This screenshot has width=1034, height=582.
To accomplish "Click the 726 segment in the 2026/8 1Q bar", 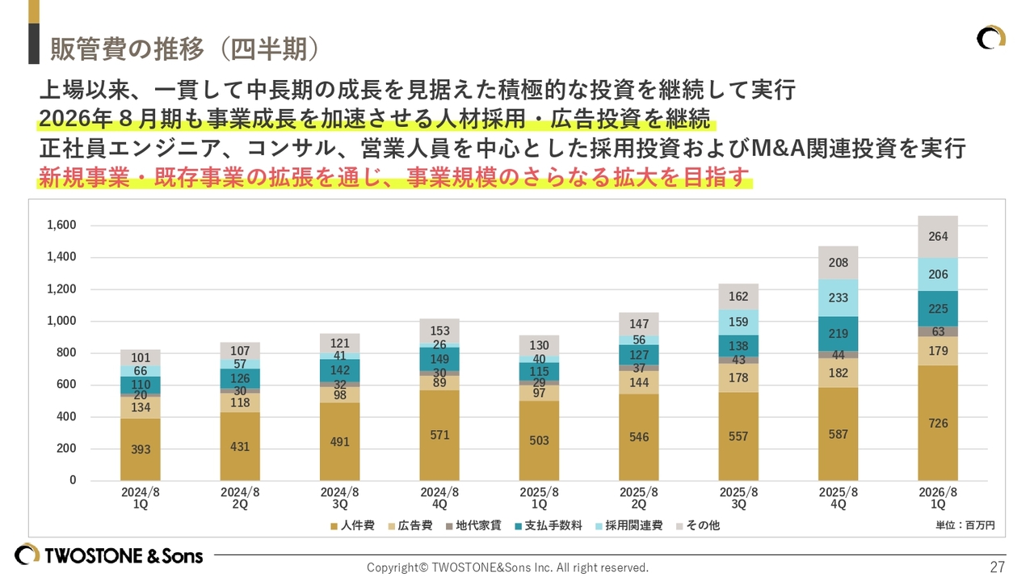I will point(938,423).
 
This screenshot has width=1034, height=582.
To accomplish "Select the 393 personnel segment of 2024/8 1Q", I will point(141,449).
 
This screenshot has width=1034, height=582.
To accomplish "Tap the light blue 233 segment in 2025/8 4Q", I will point(838,297).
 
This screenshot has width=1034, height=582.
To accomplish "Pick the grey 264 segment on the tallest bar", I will point(938,237).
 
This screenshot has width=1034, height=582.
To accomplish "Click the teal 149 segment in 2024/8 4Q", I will point(439,360).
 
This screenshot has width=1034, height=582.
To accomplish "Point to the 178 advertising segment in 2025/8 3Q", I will point(738,377).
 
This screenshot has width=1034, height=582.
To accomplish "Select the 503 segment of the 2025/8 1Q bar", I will point(539,441).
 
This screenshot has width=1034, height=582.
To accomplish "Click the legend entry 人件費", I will point(352,525).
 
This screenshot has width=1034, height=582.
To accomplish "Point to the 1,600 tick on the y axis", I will point(61,225).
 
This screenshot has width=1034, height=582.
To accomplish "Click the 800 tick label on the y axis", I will point(66,352).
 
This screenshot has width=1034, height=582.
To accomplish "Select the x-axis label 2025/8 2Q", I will point(639,497).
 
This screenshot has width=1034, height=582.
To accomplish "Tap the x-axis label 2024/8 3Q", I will point(339,497).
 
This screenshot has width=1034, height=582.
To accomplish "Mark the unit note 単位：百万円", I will point(965,525).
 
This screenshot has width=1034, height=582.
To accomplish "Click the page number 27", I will point(997,567).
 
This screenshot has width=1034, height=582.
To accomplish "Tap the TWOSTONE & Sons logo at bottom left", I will point(109,555).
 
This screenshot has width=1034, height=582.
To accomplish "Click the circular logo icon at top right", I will point(991,38).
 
